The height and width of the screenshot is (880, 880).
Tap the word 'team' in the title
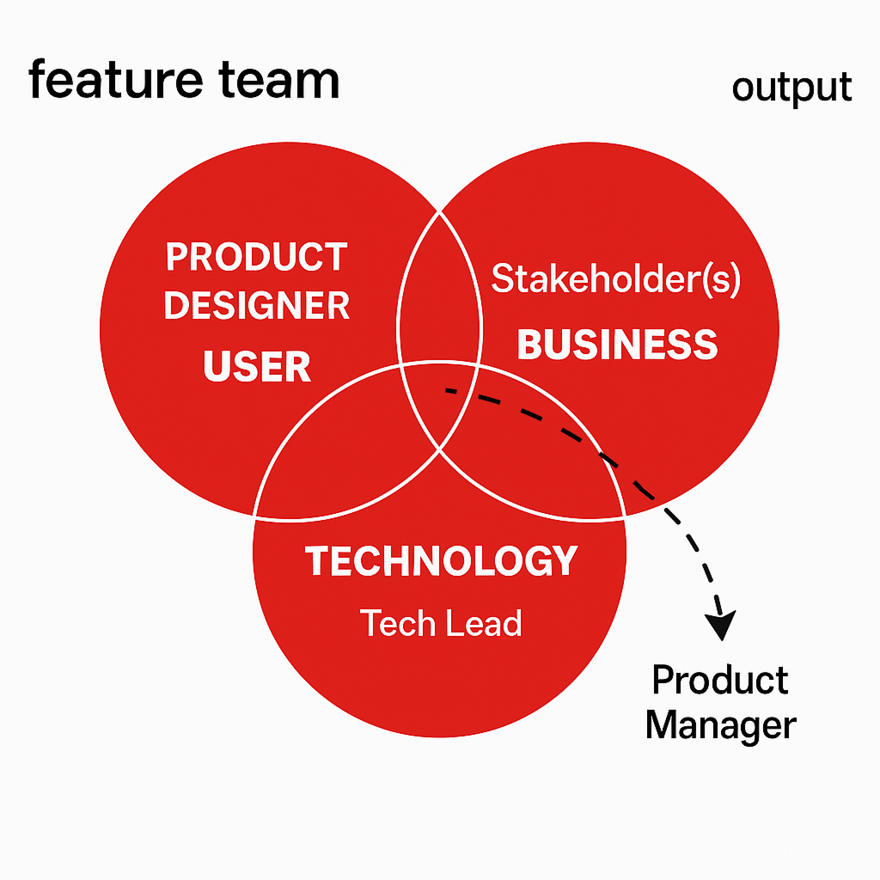[x=279, y=81]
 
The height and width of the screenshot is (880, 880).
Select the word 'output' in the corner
[x=791, y=89]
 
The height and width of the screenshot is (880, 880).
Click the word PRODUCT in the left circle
[x=256, y=257]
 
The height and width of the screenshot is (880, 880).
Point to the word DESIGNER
[x=256, y=306]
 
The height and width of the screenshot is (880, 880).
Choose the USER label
[x=257, y=366]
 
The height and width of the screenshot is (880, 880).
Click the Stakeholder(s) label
[x=615, y=278]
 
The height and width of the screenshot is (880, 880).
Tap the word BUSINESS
[x=617, y=344]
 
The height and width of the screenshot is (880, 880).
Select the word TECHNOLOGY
[x=441, y=560]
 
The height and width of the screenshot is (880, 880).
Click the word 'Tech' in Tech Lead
[x=398, y=623]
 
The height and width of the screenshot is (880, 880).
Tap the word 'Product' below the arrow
[x=720, y=681]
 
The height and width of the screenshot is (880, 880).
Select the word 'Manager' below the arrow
[x=721, y=726]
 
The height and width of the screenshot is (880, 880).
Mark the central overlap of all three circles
[x=439, y=401]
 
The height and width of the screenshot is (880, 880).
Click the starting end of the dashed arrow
[x=447, y=389]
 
